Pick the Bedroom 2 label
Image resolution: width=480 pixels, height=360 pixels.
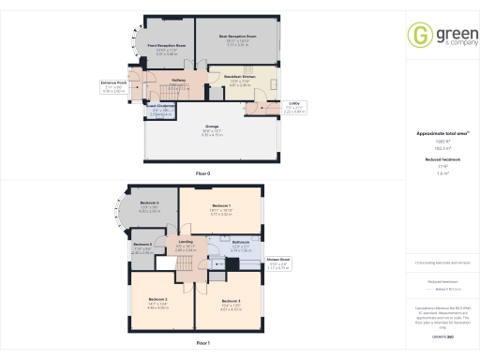tap(157, 300)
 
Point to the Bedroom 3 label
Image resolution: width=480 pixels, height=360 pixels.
tap(231, 300)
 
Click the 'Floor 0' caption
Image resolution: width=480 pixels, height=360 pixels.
tap(202, 174)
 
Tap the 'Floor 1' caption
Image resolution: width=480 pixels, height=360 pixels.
tap(202, 342)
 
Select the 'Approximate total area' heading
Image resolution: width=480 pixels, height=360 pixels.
tap(441, 133)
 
